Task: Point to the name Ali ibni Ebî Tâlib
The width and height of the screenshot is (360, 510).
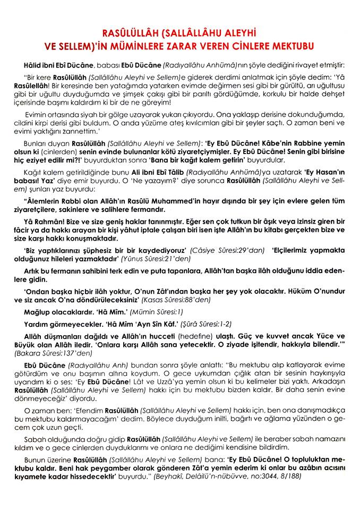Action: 144,173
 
